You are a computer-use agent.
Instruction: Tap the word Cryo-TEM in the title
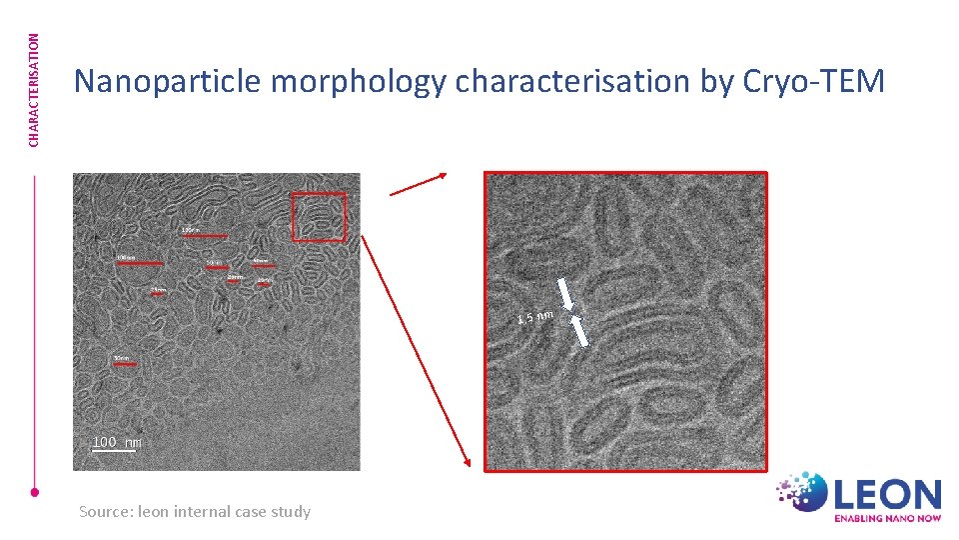pos(815,81)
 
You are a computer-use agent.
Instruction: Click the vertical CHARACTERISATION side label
pos(34,90)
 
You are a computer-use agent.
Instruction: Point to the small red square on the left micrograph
pos(319,217)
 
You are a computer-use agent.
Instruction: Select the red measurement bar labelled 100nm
pos(139,263)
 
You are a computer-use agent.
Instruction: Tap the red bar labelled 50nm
pos(217,268)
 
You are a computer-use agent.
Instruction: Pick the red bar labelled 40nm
pos(263,265)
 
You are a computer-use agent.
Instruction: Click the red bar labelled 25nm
pos(158,293)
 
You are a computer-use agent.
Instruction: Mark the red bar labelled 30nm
pos(124,364)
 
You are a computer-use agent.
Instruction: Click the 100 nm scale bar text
pos(116,441)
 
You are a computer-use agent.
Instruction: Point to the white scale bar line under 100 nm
pos(113,450)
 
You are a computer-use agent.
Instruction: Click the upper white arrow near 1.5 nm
pos(565,293)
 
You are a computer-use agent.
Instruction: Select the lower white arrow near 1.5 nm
pos(578,331)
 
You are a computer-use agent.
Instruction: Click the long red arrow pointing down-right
pos(415,350)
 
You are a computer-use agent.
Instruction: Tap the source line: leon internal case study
pos(194,511)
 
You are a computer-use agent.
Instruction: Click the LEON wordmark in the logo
pos(887,494)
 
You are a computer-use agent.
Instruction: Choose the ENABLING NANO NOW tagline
pos(887,518)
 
